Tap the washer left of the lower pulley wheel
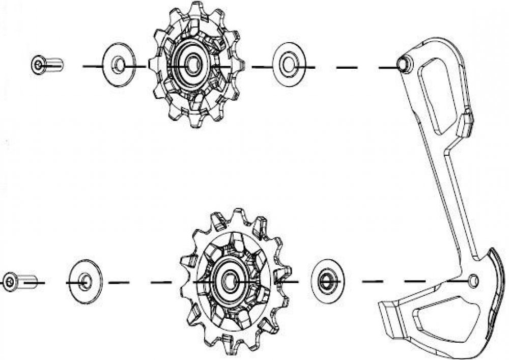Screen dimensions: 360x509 click(x=85, y=281)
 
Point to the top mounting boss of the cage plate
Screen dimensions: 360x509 click(x=403, y=63)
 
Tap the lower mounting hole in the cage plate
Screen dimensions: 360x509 click(x=474, y=280)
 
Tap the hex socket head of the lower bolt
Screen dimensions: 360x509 click(x=9, y=282)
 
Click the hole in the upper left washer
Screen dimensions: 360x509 click(x=118, y=65)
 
